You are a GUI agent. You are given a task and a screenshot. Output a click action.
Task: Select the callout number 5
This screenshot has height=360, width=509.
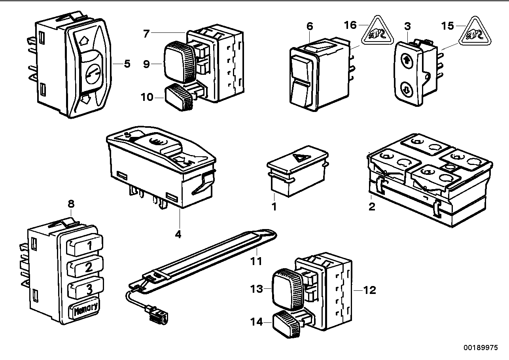pos(127,64)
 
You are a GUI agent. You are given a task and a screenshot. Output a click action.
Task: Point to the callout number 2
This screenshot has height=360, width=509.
pos(371,206)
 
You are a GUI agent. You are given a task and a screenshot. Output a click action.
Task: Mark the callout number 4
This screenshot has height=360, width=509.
pos(178,234)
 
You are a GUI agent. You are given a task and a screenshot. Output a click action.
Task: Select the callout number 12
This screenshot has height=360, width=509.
pos(369,290)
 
